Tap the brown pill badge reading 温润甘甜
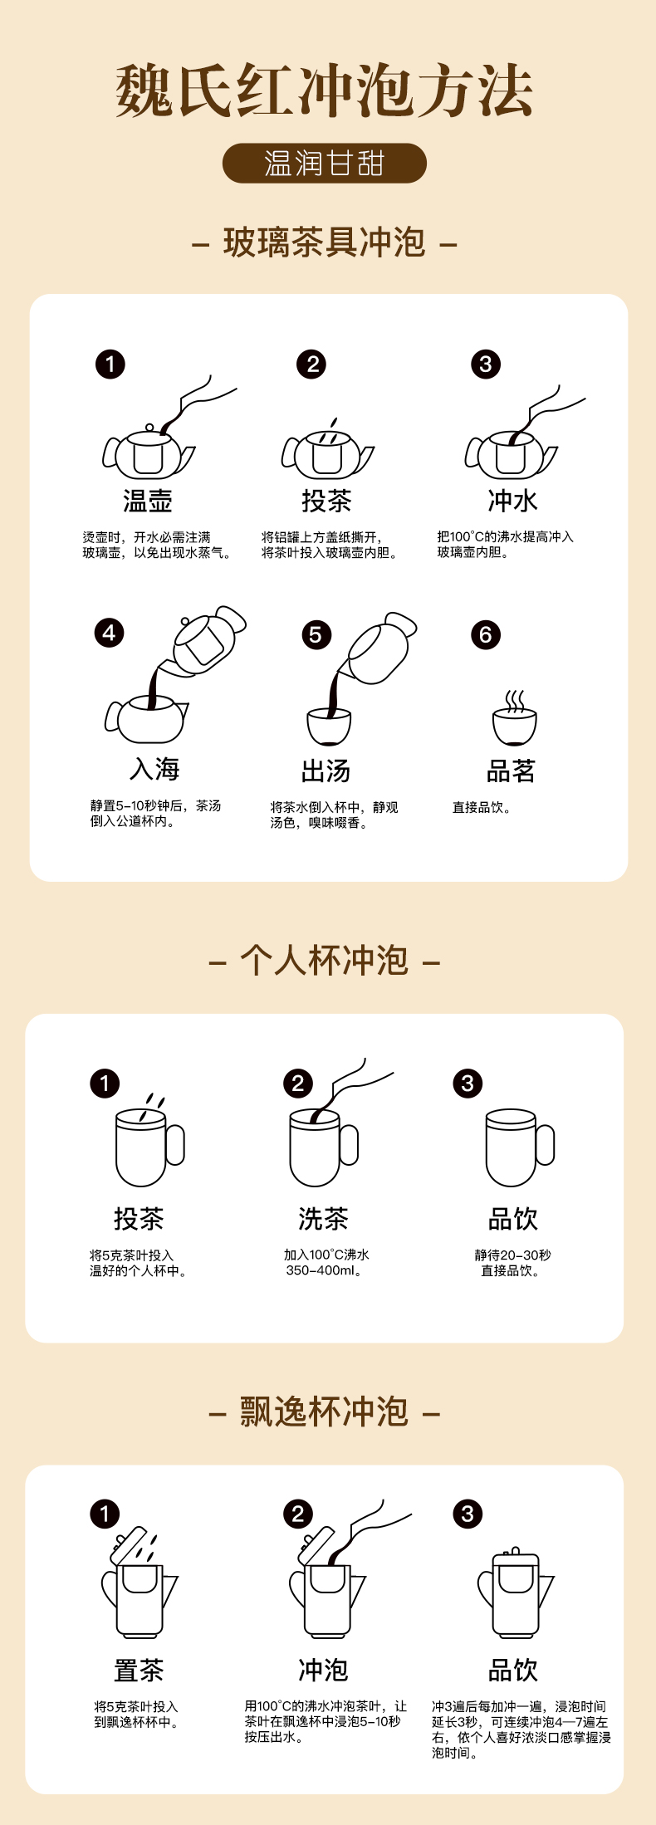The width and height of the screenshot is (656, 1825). click(324, 164)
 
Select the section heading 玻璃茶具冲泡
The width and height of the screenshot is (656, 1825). click(324, 242)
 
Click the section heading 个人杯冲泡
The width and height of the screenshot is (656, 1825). click(324, 961)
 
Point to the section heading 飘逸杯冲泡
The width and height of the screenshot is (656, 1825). click(324, 1412)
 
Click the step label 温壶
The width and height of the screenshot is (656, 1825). click(148, 501)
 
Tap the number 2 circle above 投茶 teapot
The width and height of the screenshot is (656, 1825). click(312, 364)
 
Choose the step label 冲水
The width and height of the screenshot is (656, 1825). click(512, 501)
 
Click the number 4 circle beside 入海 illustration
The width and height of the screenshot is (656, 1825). click(109, 634)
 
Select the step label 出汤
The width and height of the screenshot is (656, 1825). click(326, 771)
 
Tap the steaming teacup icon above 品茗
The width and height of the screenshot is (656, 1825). click(514, 717)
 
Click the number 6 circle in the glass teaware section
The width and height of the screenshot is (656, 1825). click(486, 635)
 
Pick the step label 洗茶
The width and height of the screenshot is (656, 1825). click(323, 1219)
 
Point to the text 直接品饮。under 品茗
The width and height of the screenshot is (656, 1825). click(482, 807)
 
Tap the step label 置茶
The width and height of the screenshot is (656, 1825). click(139, 1670)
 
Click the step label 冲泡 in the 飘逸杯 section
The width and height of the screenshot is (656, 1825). click(323, 1670)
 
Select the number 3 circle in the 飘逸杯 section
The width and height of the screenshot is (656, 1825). click(468, 1514)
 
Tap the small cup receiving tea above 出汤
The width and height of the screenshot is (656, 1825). click(329, 727)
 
